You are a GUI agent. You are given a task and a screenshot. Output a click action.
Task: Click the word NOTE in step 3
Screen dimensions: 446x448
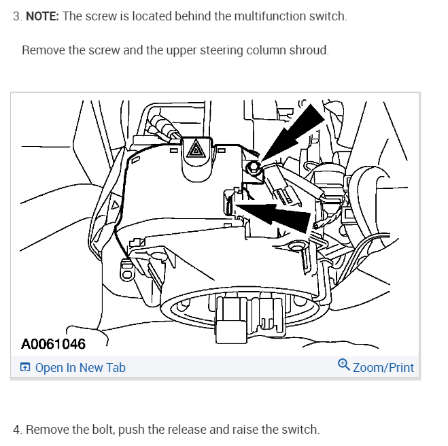click(42, 16)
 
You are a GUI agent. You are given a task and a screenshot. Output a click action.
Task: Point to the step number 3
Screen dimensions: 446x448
click(17, 16)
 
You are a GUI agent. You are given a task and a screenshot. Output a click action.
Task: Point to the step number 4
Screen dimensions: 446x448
click(17, 430)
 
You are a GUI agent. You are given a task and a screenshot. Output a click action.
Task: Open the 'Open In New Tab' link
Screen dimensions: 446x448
click(80, 368)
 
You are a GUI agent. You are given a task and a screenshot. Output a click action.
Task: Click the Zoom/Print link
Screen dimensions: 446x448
click(383, 368)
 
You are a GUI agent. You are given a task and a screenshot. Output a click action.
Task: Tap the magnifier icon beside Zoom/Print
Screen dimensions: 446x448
click(344, 366)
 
